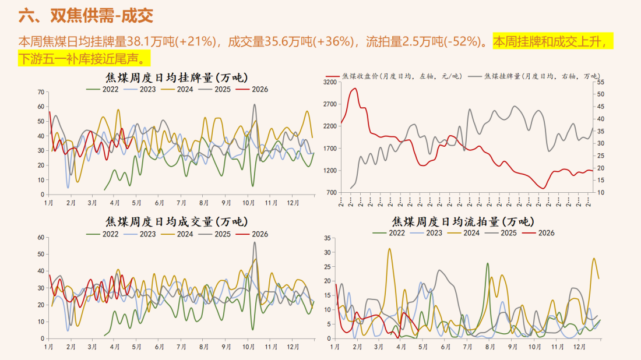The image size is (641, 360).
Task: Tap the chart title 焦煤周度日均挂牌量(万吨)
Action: coord(175,77)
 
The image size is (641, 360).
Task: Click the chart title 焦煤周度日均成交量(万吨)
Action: coord(175,222)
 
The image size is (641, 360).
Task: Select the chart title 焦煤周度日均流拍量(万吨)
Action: coord(463,221)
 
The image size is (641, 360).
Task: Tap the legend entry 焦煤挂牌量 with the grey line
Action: coord(534,76)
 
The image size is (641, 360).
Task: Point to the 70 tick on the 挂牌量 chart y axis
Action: coord(41,92)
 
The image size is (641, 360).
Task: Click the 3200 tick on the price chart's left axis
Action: coord(330,82)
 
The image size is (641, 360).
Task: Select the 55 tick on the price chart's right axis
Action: coord(601,82)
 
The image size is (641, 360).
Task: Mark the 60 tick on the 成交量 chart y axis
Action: coord(41,237)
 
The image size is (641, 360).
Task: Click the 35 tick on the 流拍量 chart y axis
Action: coord(327,238)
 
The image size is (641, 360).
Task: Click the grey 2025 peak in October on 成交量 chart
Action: coord(254,242)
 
